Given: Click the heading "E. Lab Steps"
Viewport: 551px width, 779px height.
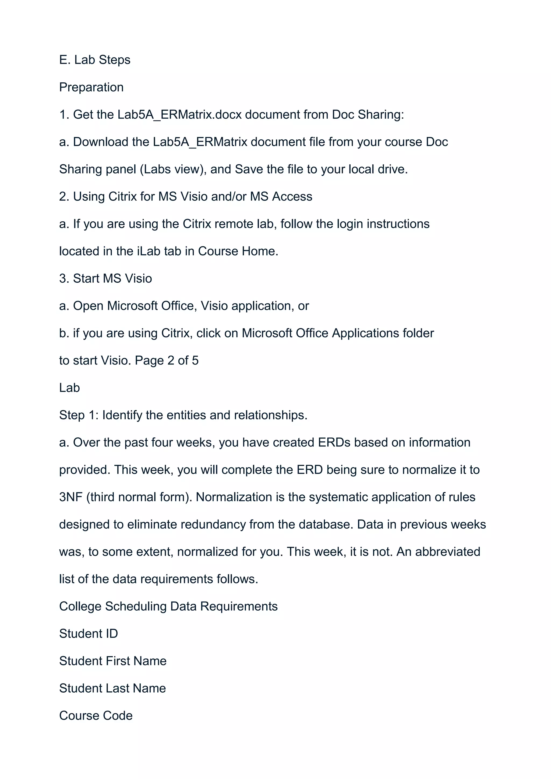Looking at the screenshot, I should pos(95,60).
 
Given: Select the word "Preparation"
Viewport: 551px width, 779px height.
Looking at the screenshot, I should pos(91,87).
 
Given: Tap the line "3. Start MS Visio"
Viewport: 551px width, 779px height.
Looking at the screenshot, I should pos(105,279).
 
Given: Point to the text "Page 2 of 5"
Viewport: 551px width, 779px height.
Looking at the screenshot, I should pos(167,361).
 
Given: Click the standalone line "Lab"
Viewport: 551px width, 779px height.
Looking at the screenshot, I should pos(70,388).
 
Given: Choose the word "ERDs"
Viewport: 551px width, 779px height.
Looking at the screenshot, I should pos(334,443).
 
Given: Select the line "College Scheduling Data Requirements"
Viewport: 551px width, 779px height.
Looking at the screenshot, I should pos(168,607).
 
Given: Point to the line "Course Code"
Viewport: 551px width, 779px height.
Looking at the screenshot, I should pos(96,716).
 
